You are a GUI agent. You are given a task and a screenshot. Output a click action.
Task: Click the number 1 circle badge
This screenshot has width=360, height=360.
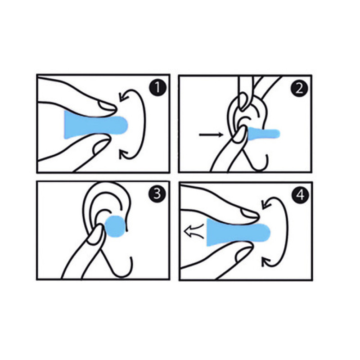click(x=157, y=89)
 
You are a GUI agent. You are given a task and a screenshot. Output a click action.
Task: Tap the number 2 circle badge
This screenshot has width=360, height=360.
click(x=299, y=89)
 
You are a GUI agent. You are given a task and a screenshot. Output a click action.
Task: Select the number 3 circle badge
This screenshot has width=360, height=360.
click(x=157, y=194)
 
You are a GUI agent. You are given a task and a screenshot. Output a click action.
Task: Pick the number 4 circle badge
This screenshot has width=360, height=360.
click(x=300, y=196)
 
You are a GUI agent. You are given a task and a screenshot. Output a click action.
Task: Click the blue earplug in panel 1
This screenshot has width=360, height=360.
click(x=95, y=125)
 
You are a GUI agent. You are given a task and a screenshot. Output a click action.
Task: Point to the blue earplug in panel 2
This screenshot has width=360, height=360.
click(x=264, y=134)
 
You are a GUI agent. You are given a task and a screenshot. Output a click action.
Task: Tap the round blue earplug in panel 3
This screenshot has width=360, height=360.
click(x=115, y=226)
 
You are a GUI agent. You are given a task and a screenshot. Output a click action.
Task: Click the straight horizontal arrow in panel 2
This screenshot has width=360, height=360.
click(x=211, y=135)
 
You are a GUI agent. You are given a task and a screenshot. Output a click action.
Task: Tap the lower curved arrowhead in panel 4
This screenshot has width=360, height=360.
click(x=266, y=262)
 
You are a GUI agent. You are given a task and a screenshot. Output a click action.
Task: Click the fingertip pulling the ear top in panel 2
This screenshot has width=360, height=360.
click(x=243, y=101)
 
